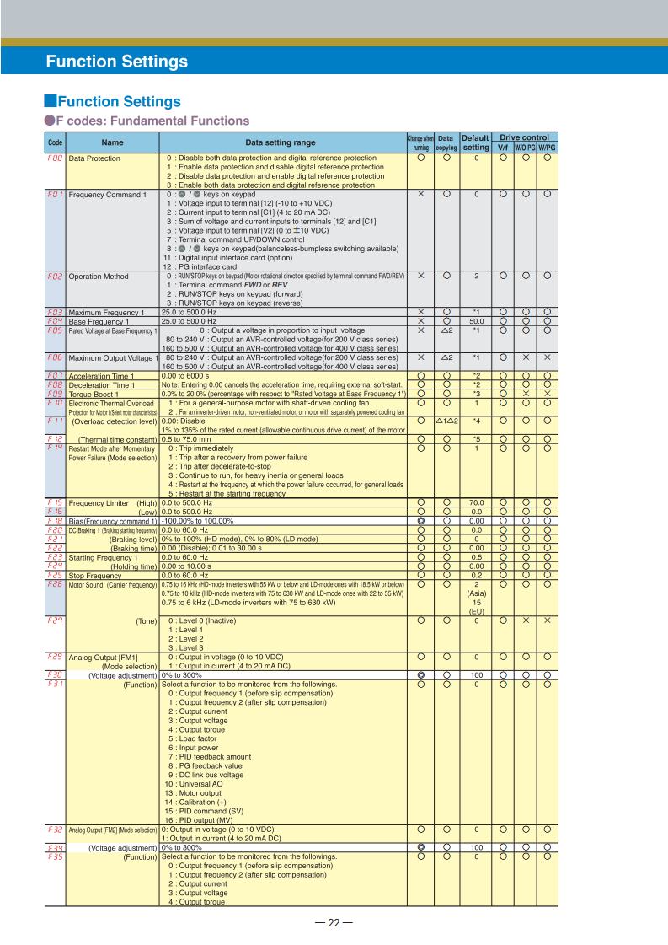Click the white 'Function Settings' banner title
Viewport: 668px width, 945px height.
[116, 62]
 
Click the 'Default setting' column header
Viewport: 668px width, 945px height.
[475, 142]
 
